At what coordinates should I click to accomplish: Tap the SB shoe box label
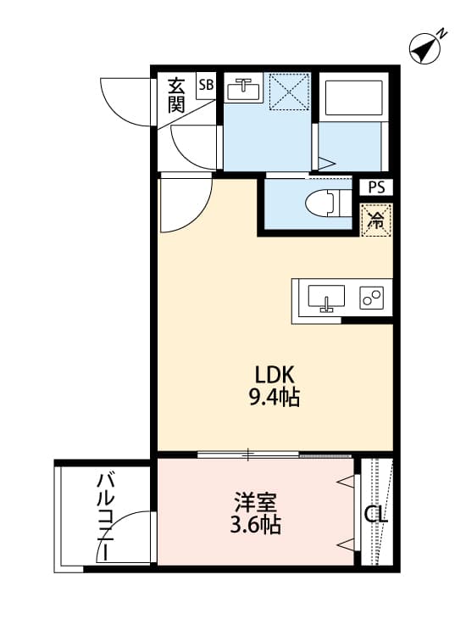tap(206, 84)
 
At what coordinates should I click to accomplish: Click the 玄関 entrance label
tap(176, 94)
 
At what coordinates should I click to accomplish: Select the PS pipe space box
tap(375, 188)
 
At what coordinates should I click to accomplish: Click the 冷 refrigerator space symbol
tap(374, 220)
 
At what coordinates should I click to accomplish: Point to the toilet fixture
tap(326, 204)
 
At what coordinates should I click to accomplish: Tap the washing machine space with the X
tap(289, 92)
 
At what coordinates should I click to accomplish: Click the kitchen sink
tap(325, 299)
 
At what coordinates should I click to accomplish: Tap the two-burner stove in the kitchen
tap(372, 298)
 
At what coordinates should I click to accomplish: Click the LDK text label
tap(275, 374)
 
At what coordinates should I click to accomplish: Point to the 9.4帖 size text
tap(275, 396)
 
